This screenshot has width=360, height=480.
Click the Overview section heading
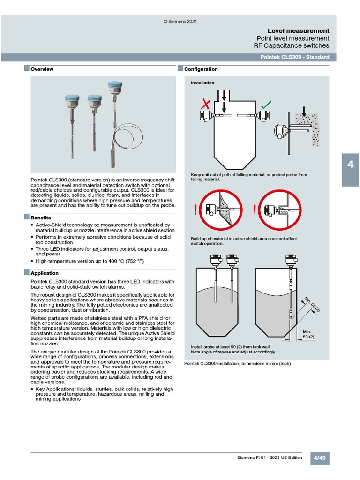point(42,69)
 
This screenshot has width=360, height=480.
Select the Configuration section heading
point(201,69)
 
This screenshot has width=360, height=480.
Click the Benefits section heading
point(41,218)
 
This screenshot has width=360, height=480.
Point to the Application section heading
point(45,273)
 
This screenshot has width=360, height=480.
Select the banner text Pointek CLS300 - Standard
point(295,57)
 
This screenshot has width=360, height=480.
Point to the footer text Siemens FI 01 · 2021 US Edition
point(270,458)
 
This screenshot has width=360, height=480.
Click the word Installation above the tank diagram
point(202,83)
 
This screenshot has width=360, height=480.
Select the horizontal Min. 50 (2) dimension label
point(308,334)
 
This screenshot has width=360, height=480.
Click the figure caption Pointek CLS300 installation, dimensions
point(241,364)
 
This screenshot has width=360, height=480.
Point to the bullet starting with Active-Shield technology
point(103,227)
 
